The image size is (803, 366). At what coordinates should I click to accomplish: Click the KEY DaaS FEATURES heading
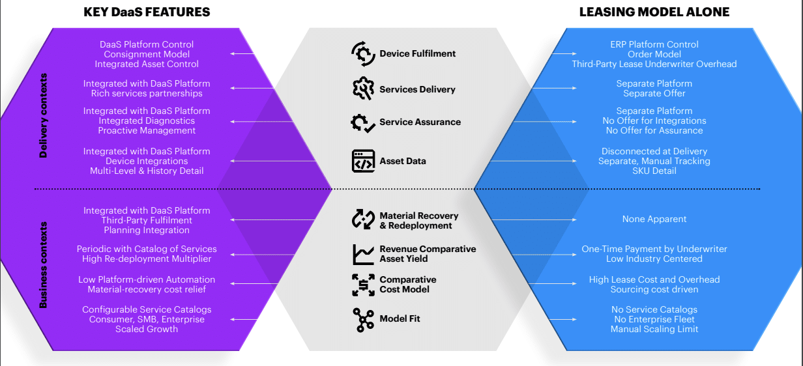click(147, 12)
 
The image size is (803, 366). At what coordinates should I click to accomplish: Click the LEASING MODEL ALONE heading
click(654, 12)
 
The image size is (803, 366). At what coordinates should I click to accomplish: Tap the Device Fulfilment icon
click(363, 54)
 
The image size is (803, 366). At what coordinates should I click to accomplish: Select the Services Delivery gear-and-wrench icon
click(363, 89)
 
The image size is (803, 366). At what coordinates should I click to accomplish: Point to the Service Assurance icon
click(363, 122)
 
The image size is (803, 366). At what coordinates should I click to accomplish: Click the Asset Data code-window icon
click(363, 161)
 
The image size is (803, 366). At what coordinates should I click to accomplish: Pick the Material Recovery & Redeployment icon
click(363, 220)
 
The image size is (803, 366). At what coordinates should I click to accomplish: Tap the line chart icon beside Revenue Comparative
click(363, 254)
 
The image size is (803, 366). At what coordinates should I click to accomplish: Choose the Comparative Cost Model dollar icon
click(363, 285)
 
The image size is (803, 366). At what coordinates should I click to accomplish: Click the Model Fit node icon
click(363, 319)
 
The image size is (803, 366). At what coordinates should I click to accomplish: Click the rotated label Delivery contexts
click(44, 116)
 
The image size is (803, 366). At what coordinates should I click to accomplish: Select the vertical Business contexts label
click(44, 264)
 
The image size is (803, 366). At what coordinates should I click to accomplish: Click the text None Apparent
click(654, 219)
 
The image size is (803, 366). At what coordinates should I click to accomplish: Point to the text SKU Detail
click(654, 171)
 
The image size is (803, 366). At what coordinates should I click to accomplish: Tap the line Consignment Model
click(147, 54)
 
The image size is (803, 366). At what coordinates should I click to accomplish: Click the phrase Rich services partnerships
click(147, 93)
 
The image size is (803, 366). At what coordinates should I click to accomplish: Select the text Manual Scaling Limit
click(654, 329)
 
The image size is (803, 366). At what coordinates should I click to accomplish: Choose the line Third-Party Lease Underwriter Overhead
click(654, 64)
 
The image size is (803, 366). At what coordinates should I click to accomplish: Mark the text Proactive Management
click(147, 130)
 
